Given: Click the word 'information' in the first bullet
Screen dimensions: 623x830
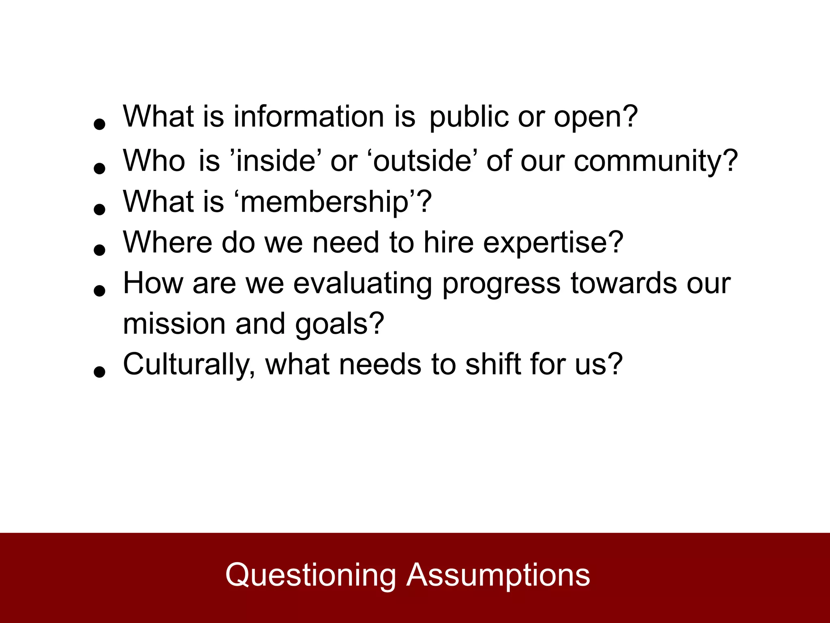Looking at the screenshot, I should (x=308, y=117).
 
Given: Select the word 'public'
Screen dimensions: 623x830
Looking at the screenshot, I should (x=468, y=118).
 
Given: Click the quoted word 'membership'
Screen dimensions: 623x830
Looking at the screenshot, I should (x=324, y=202).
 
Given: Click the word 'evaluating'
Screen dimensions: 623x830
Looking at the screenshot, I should (x=363, y=284).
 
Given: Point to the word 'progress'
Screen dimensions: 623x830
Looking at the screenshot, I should (x=501, y=284).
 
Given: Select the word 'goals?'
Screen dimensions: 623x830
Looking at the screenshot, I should (x=339, y=325).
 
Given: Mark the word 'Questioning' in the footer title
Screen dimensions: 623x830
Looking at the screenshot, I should (x=310, y=576).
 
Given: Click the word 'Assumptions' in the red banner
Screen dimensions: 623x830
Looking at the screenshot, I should (x=498, y=576).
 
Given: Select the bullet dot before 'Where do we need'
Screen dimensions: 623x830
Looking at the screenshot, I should (x=99, y=249).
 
